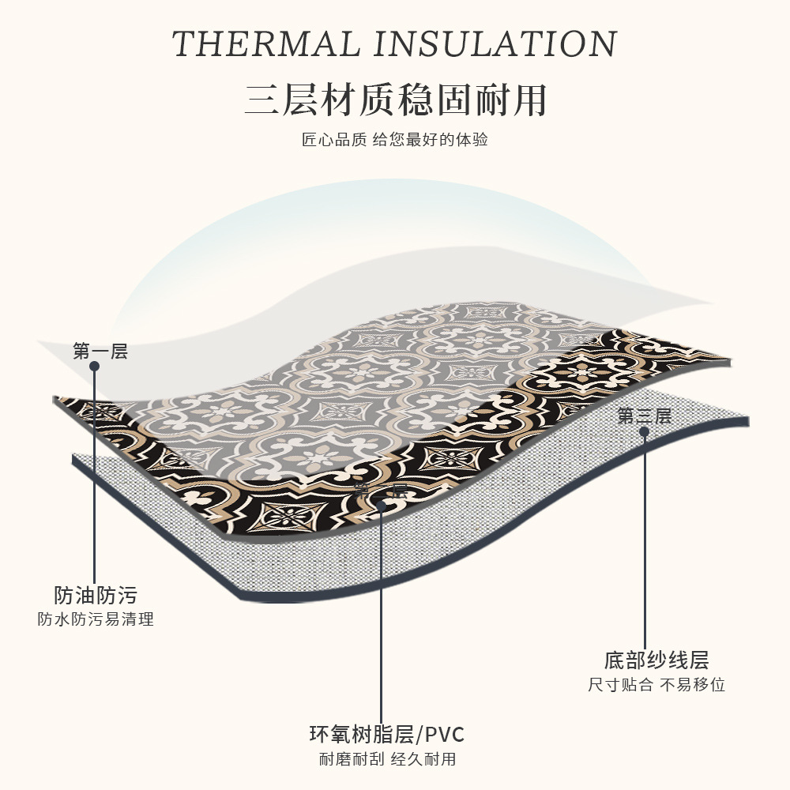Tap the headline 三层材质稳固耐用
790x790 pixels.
coord(395,100)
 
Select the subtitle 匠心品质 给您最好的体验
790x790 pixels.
coord(395,141)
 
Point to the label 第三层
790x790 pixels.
coord(644,416)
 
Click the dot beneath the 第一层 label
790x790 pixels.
coord(95,367)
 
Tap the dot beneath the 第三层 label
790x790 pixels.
coord(644,431)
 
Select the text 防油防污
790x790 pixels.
coord(96,595)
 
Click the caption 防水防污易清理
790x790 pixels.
coord(96,619)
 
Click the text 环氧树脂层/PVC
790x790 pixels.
coord(386,735)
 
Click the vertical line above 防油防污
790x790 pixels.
coord(95,474)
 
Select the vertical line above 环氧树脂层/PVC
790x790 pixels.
coord(382,616)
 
